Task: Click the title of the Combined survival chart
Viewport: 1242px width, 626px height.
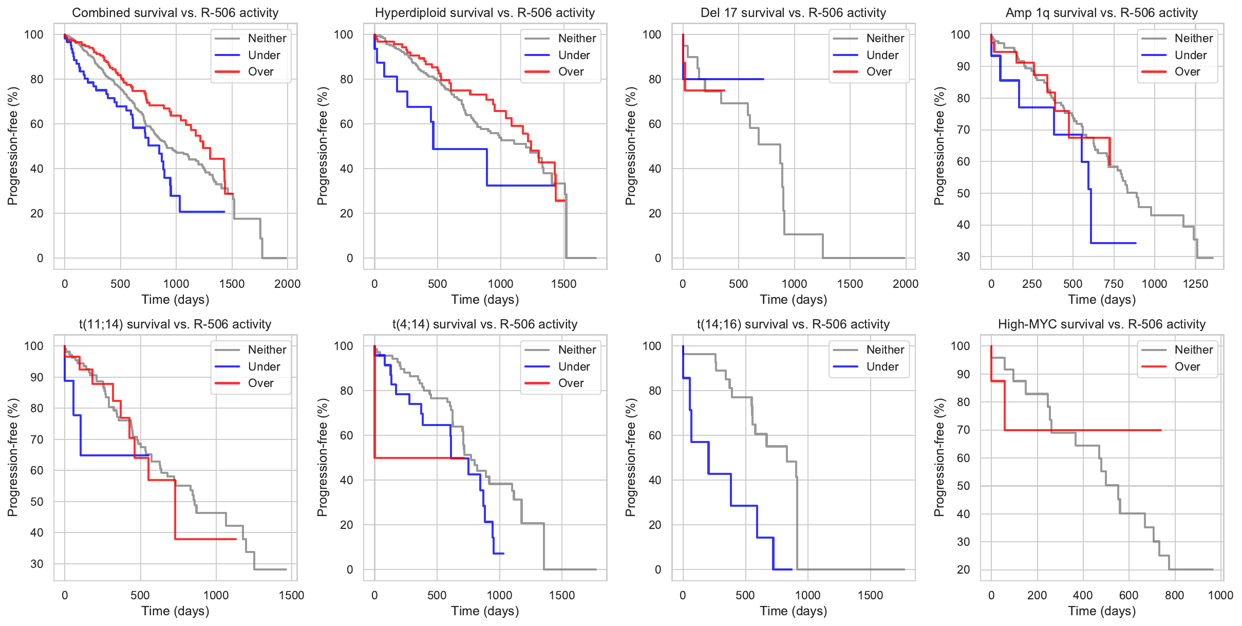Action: tap(175, 13)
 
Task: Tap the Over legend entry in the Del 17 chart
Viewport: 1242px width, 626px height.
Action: tap(879, 72)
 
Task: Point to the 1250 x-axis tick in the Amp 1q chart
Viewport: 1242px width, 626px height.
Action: tap(1195, 284)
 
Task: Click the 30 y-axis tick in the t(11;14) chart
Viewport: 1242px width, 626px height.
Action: tap(37, 564)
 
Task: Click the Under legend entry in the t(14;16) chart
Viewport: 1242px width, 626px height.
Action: tap(882, 366)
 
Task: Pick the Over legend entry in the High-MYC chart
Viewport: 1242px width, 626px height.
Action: tap(1187, 366)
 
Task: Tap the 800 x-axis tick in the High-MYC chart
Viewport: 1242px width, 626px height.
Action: tap(1175, 595)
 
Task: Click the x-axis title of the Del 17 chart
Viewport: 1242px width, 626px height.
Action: tap(794, 300)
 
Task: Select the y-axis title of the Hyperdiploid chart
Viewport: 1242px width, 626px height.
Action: tap(322, 146)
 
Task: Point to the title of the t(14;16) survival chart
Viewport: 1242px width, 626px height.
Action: tap(793, 324)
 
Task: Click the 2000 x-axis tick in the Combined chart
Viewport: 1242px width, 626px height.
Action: tap(288, 284)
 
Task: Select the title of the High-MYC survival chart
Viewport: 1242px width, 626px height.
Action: tap(1102, 324)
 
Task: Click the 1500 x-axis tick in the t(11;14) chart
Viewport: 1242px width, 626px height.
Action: tap(292, 595)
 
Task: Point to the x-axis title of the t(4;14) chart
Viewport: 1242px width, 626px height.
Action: tap(485, 611)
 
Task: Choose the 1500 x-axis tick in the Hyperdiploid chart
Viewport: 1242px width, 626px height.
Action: tap(564, 284)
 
